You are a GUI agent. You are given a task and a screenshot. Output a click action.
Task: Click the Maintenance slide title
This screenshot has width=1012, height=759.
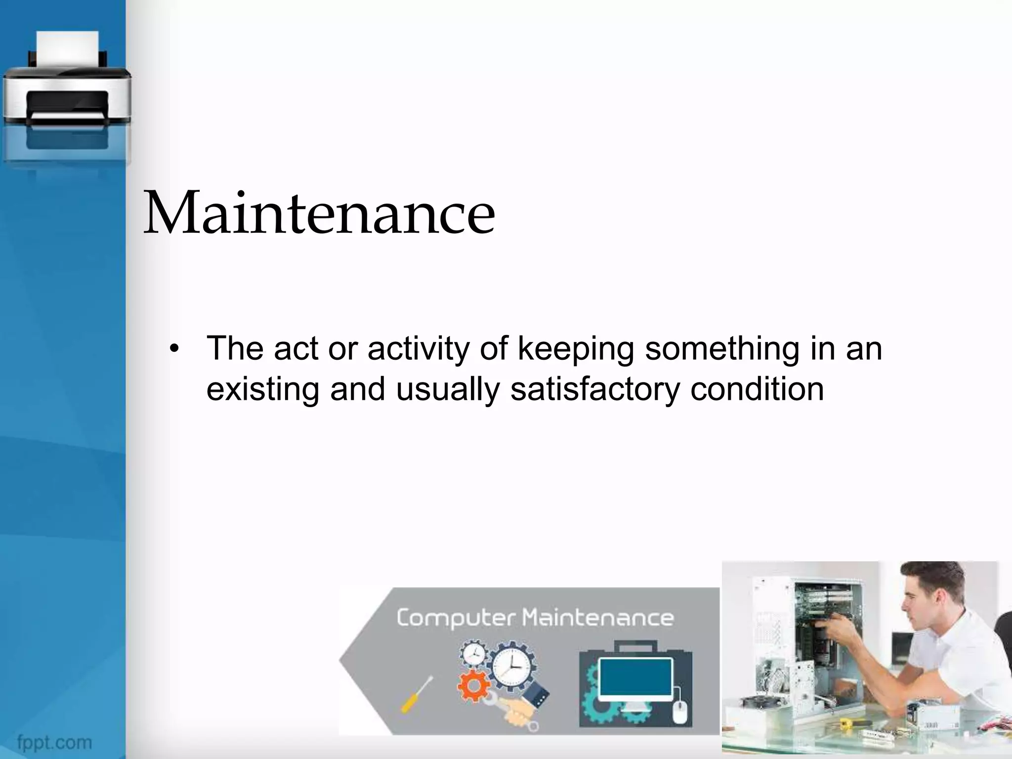tap(319, 213)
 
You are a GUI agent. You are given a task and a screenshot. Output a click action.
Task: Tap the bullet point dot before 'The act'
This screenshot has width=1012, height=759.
tap(173, 349)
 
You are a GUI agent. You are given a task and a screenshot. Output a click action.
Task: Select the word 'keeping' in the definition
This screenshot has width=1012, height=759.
tap(576, 349)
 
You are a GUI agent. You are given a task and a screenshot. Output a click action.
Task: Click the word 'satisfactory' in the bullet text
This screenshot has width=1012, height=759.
tap(595, 389)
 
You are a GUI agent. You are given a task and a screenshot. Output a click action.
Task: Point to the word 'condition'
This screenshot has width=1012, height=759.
tap(757, 389)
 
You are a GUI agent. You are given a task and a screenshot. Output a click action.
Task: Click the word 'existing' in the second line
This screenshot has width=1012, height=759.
tap(263, 389)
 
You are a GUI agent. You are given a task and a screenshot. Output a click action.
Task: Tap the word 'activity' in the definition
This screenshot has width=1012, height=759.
tap(419, 349)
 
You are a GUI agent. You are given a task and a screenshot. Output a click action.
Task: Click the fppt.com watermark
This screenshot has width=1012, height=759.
tap(54, 742)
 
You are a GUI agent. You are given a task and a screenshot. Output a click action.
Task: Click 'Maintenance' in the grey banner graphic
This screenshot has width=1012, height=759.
tap(598, 618)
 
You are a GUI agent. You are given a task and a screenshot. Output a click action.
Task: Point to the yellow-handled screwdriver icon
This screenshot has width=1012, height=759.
tap(416, 694)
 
